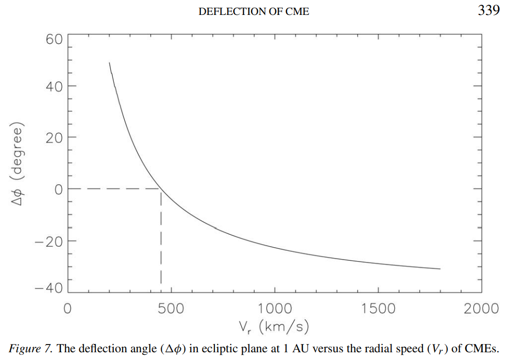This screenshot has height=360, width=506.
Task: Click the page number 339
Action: (488, 11)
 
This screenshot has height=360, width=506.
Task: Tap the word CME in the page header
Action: (298, 11)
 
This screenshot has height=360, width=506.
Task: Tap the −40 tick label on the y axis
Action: (48, 289)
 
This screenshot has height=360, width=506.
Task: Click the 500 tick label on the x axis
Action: (171, 308)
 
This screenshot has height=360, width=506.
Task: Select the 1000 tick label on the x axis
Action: (274, 308)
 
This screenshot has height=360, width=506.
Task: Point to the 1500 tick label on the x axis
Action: (378, 308)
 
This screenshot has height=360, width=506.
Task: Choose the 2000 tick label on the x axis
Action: (481, 308)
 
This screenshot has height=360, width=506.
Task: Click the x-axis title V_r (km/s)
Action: (274, 326)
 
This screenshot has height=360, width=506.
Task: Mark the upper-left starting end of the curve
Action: (109, 63)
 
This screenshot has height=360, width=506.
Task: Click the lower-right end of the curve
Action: (440, 268)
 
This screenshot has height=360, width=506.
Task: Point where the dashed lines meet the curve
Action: (161, 190)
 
